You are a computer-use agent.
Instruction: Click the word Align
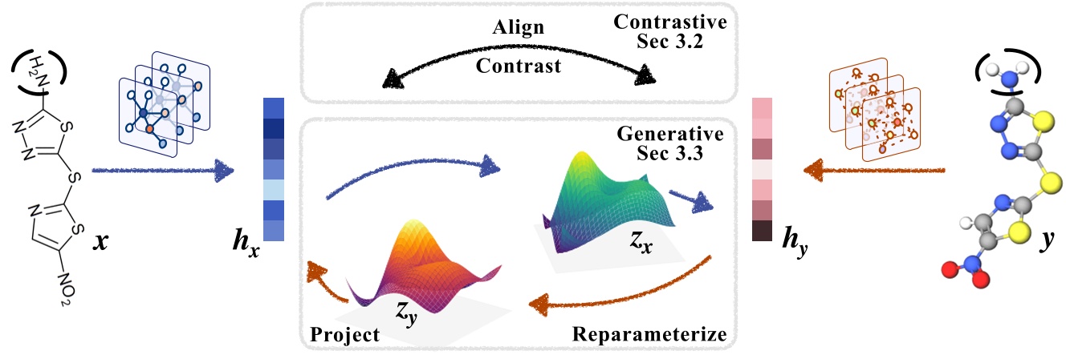pyautogui.click(x=519, y=27)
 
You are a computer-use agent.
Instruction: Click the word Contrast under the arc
pyautogui.click(x=519, y=66)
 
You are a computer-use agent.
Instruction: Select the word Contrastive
pyautogui.click(x=670, y=22)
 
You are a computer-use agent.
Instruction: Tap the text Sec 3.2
pyautogui.click(x=670, y=42)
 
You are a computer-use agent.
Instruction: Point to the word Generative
pyautogui.click(x=670, y=134)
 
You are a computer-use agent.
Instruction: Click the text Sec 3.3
pyautogui.click(x=670, y=153)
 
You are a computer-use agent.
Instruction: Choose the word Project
pyautogui.click(x=344, y=335)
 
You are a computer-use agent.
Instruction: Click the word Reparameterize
pyautogui.click(x=649, y=334)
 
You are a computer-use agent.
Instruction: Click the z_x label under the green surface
pyautogui.click(x=641, y=241)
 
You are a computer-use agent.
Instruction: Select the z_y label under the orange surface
pyautogui.click(x=406, y=313)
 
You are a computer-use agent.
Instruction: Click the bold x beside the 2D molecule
pyautogui.click(x=100, y=242)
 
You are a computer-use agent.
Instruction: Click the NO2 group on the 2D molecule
pyautogui.click(x=66, y=289)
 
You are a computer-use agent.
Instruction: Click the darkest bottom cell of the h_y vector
pyautogui.click(x=762, y=231)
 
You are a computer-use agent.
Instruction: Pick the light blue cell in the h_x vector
pyautogui.click(x=274, y=190)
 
